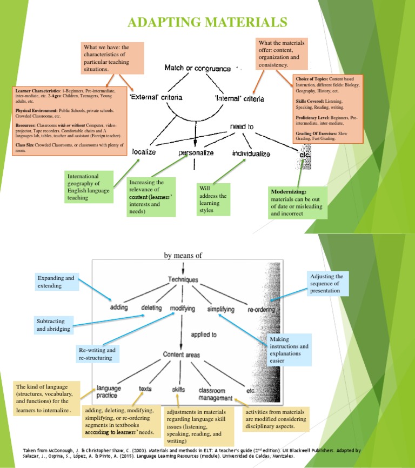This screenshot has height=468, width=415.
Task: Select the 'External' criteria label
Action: click(156, 98)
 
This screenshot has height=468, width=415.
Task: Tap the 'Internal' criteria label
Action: click(239, 98)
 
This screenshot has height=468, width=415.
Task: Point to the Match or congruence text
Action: click(197, 69)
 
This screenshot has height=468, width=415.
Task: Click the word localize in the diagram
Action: click(144, 152)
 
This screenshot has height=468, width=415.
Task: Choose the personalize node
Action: click(196, 153)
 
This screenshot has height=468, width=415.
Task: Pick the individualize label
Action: click(251, 153)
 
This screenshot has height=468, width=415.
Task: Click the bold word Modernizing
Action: click(289, 192)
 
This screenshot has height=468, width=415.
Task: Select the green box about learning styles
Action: click(213, 199)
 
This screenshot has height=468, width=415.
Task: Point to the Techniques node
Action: click(183, 280)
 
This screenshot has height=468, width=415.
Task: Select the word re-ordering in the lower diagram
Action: click(261, 310)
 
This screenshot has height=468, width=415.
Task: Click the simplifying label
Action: click(220, 310)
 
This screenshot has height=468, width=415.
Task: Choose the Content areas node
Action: click(182, 355)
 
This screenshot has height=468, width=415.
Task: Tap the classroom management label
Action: click(216, 393)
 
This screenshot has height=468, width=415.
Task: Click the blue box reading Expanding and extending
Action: click(56, 282)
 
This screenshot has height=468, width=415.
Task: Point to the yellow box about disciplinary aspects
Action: click(277, 419)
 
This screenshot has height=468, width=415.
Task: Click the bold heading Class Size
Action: click(28, 145)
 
